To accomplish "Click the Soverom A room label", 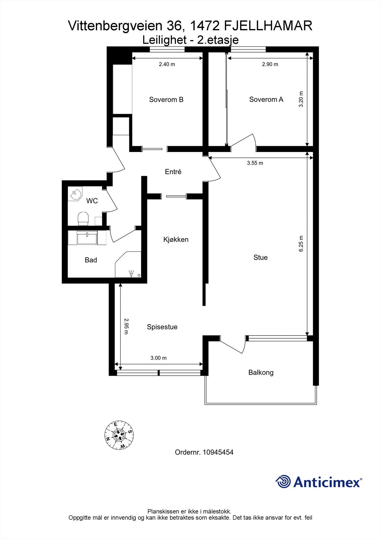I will (x=266, y=99).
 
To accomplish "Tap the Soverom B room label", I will (x=166, y=100).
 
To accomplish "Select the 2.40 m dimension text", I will (x=167, y=64).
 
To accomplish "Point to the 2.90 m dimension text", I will (x=270, y=64).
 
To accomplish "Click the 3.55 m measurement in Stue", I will (x=255, y=163).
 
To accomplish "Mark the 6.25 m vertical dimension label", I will (x=301, y=244).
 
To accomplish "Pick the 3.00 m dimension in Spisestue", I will (x=158, y=358).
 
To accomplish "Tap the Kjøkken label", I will (x=176, y=240).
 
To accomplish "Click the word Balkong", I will (x=261, y=373).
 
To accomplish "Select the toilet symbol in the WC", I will (x=83, y=218).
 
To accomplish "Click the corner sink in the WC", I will (x=74, y=194).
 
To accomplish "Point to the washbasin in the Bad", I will (x=87, y=237).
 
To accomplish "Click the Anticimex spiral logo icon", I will (x=283, y=482).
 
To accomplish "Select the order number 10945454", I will (x=218, y=452).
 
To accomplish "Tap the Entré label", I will (x=173, y=172).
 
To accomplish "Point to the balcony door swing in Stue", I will (x=234, y=345).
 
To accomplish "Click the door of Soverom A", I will (x=243, y=141).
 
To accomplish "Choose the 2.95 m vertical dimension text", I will (x=126, y=326).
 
